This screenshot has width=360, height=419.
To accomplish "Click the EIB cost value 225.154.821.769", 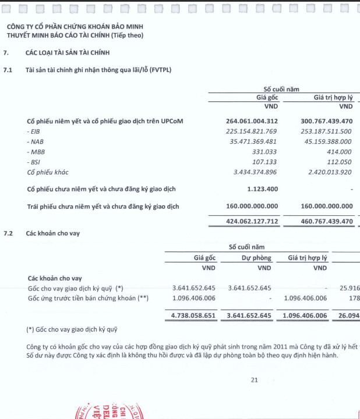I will click(252, 132).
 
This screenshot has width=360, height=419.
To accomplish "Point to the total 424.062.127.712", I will click(252, 221).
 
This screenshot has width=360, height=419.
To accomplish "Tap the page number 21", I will click(254, 380).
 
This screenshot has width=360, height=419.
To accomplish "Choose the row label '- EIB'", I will click(34, 132).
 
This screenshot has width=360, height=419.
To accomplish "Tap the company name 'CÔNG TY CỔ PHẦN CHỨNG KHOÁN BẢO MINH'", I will click(75, 27).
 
